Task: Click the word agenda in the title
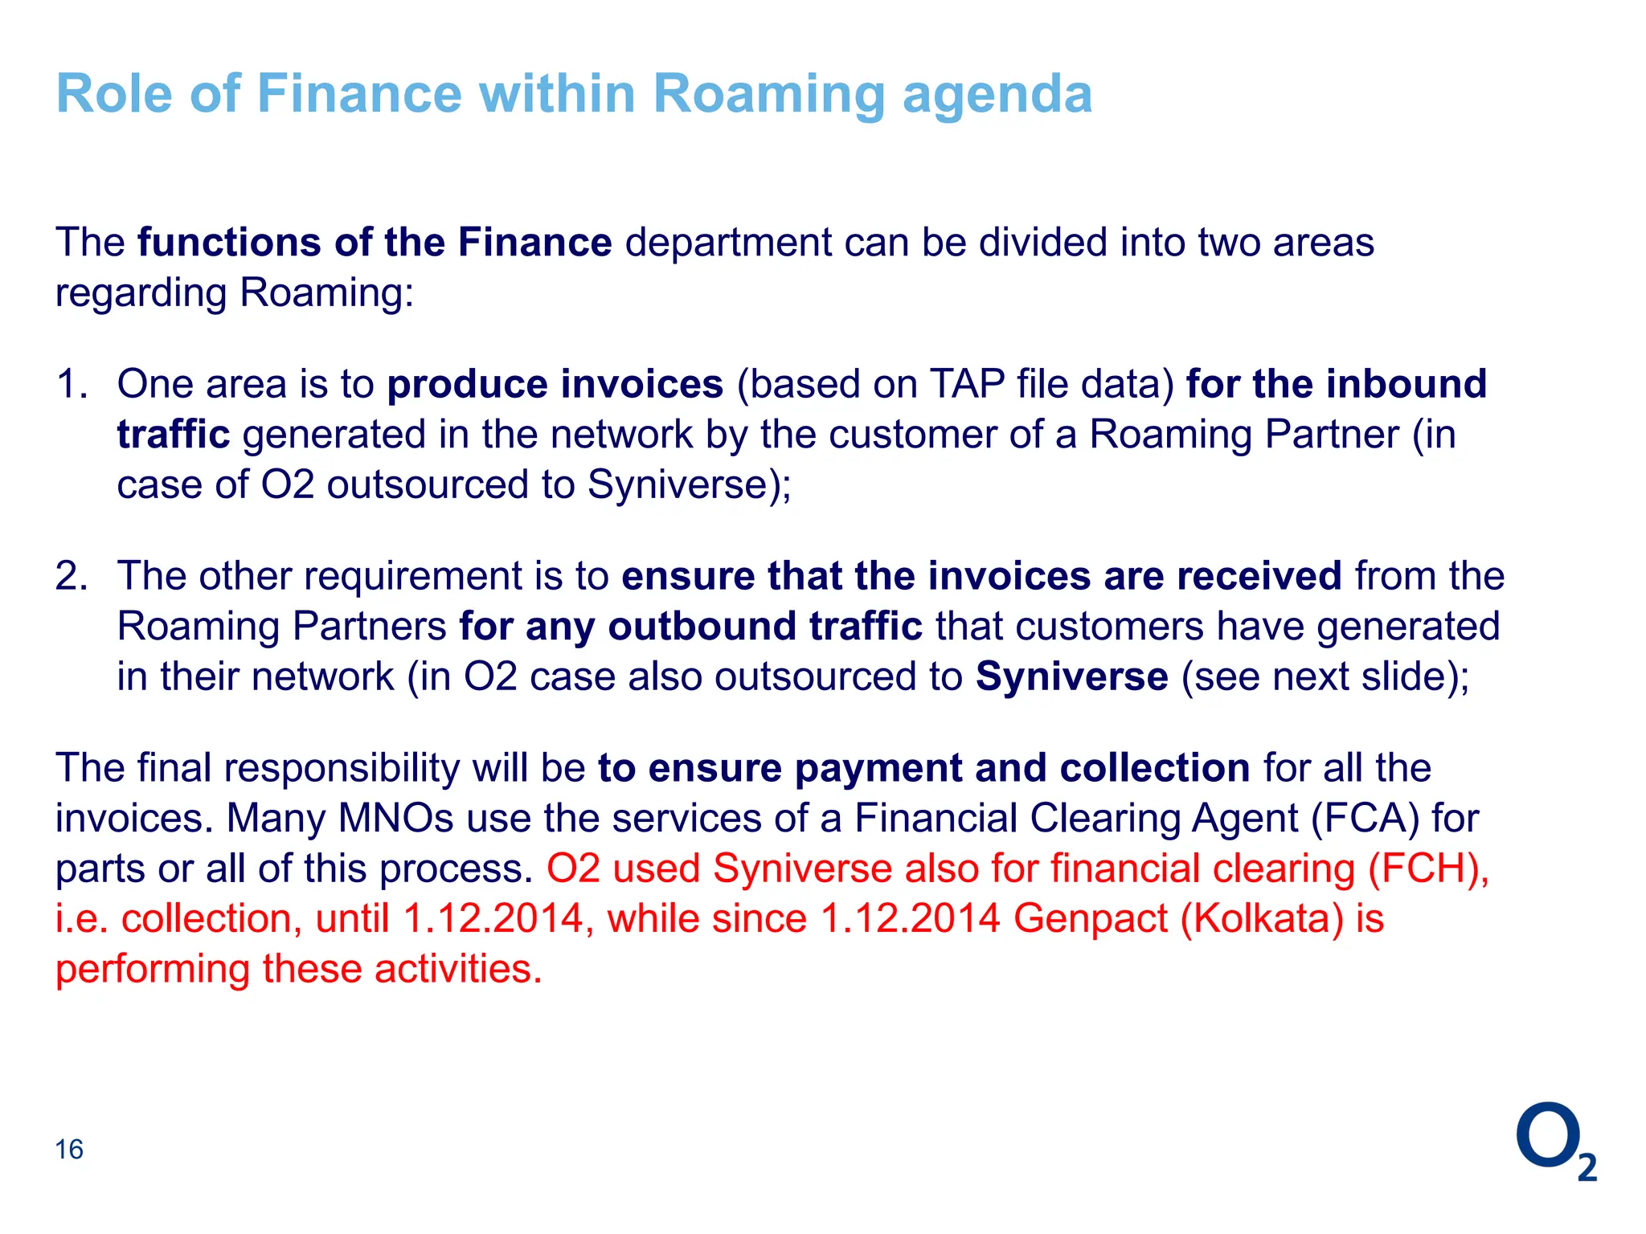pos(997,95)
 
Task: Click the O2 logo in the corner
pos(1555,1141)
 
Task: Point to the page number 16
pos(69,1150)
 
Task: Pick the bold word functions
pos(229,243)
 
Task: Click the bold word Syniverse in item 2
pos(1071,676)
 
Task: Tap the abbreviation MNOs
pos(396,819)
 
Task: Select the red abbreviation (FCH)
pos(1428,869)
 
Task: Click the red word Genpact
pos(1090,919)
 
